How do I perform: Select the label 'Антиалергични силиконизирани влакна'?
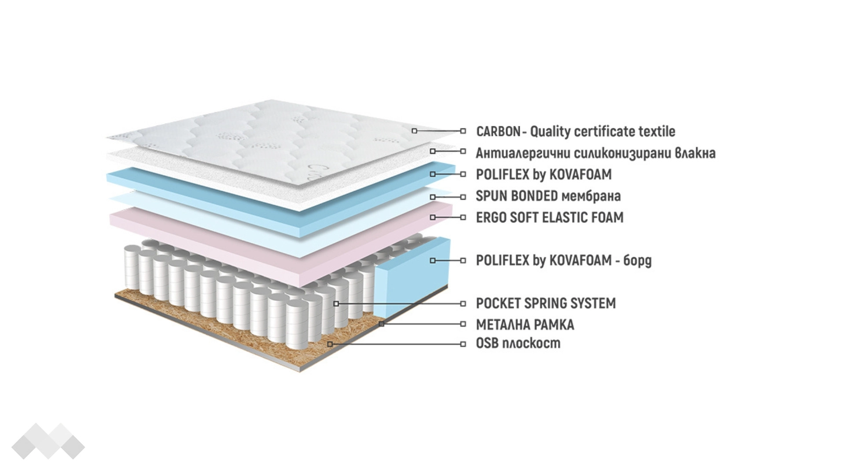point(595,153)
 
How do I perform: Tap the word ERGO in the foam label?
point(491,217)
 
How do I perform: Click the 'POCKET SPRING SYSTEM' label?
point(546,303)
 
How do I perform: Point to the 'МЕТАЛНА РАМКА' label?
point(525,325)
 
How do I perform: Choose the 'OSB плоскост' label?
point(518,343)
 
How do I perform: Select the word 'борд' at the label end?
point(637,260)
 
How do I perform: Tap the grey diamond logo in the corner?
point(48,441)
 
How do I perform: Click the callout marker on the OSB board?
point(330,344)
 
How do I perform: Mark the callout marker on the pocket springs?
point(336,303)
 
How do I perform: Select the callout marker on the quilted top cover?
point(414,131)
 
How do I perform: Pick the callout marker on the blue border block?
point(433,260)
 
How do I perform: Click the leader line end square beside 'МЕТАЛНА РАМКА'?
point(463,324)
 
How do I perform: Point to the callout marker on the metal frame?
point(382,324)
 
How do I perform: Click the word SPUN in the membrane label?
point(490,196)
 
